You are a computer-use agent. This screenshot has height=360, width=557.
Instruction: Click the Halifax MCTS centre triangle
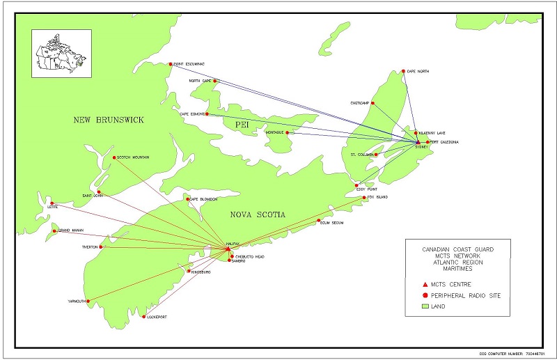228,248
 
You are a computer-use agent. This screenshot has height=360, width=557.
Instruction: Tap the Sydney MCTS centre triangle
418,143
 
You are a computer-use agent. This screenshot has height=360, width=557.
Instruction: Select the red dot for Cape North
403,71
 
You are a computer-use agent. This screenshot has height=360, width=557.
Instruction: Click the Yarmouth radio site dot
88,301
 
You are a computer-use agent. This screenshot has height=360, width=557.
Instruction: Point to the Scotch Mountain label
133,157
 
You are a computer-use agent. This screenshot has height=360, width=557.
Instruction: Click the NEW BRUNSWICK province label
109,120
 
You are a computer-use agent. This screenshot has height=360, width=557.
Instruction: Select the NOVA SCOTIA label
258,215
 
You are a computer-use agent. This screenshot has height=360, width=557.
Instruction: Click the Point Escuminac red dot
171,65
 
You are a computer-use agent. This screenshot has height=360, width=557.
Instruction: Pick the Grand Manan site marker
54,231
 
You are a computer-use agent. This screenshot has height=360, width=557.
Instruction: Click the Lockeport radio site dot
143,317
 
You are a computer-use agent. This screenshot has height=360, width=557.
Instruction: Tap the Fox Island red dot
364,198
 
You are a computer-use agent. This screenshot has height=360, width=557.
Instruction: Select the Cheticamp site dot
373,104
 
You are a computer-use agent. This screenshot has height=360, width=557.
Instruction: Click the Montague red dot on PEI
288,132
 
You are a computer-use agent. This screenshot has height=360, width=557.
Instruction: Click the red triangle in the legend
425,284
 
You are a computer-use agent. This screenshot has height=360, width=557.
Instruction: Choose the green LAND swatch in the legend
425,306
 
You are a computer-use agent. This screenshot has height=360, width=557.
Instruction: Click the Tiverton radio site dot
102,246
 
